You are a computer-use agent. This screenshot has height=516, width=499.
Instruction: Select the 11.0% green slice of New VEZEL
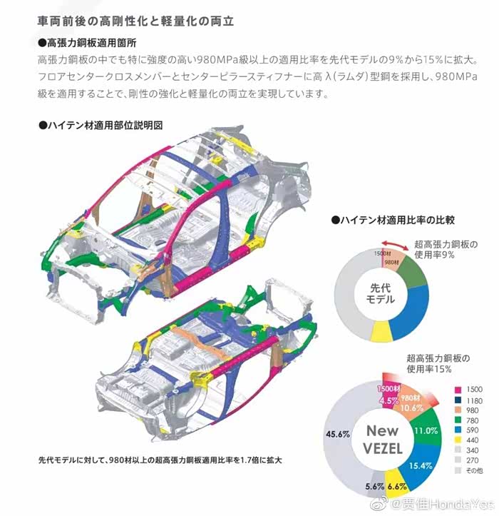click(426, 430)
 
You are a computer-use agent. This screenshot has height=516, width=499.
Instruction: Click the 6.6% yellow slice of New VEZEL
click(398, 486)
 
